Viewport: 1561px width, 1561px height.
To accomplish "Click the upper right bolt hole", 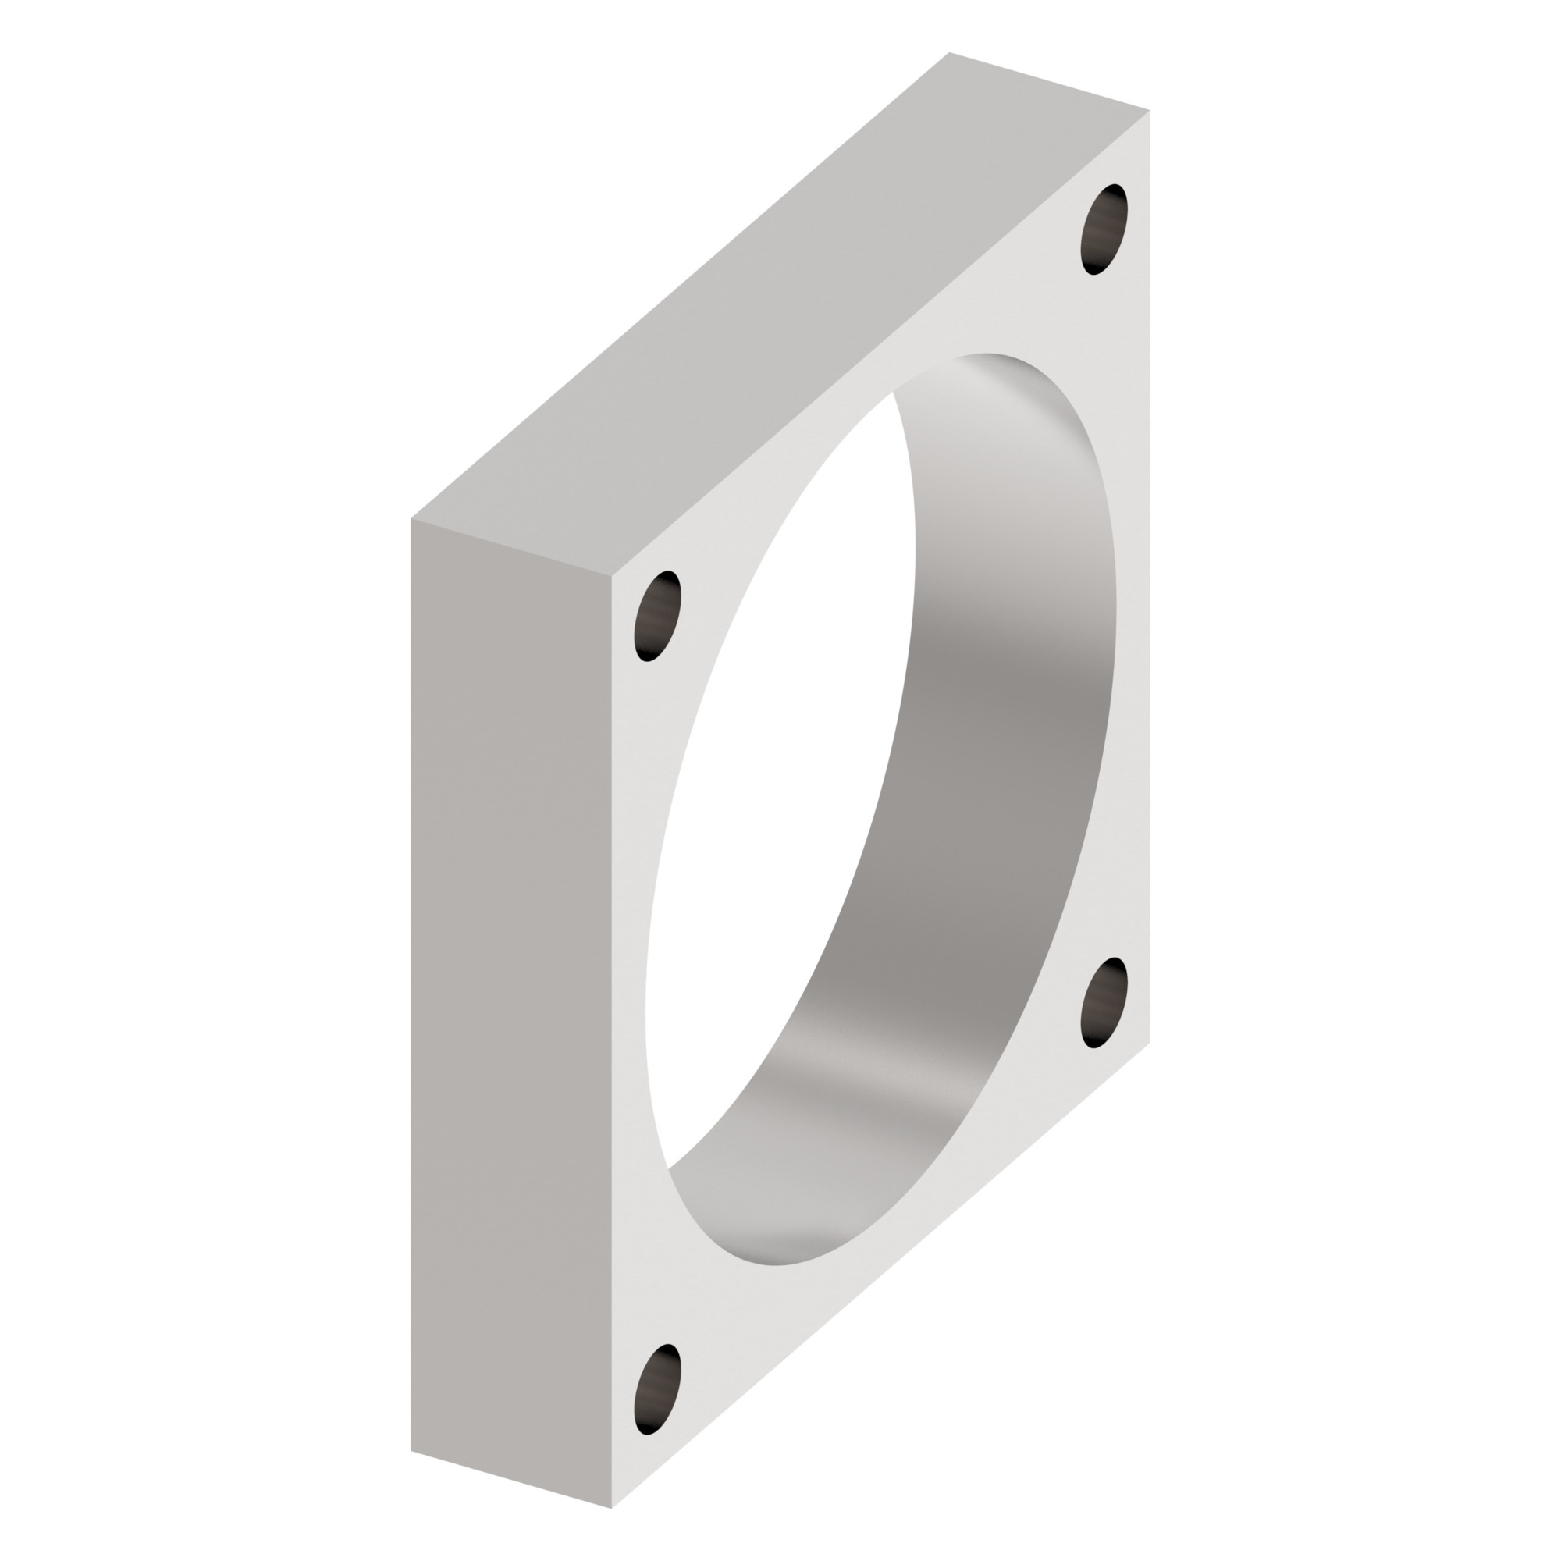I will pyautogui.click(x=1104, y=229).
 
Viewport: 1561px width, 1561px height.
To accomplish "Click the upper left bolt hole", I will pyautogui.click(x=658, y=617).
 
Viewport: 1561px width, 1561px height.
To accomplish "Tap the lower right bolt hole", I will pyautogui.click(x=1104, y=1003).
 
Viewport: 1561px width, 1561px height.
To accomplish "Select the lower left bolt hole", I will pyautogui.click(x=658, y=1390).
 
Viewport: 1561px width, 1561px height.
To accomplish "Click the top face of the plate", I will pyautogui.click(x=776, y=323).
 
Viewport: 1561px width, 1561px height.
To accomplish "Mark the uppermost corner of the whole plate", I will pyautogui.click(x=949, y=52).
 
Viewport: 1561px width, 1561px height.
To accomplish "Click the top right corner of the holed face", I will pyautogui.click(x=1149, y=111).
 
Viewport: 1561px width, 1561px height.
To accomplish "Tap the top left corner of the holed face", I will pyautogui.click(x=612, y=577).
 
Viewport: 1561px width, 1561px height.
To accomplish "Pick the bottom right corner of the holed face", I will pyautogui.click(x=1149, y=1042).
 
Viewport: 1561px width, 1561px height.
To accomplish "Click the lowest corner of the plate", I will pyautogui.click(x=612, y=1508).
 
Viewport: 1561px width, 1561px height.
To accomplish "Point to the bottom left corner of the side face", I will pyautogui.click(x=411, y=1450).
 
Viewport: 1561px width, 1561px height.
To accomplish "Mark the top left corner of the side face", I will pyautogui.click(x=411, y=519).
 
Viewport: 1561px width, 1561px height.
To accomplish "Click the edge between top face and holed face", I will pyautogui.click(x=880, y=343).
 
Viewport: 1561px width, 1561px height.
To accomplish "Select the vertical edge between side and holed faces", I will pyautogui.click(x=612, y=1042).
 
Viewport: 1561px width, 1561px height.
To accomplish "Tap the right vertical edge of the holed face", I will pyautogui.click(x=1149, y=566).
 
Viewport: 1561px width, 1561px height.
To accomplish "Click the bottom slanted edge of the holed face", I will pyautogui.click(x=880, y=1275).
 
